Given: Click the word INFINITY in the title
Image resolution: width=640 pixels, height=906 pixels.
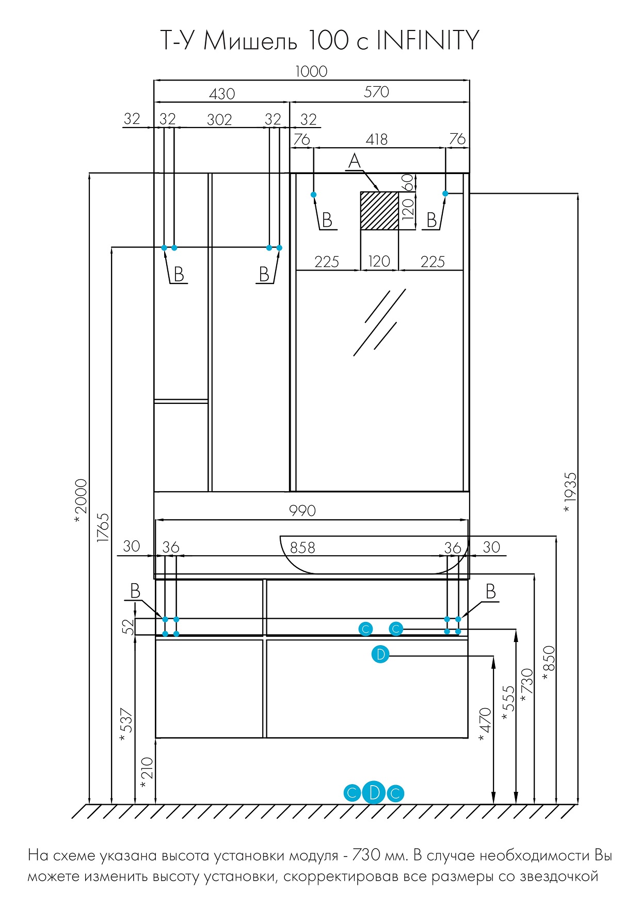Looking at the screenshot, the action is (x=428, y=40).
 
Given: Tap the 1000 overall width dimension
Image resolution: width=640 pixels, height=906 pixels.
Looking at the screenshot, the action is (x=311, y=71).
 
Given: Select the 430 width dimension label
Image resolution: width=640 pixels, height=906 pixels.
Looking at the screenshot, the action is (x=222, y=93).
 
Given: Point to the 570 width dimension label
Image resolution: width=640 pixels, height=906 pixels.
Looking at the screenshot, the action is (x=376, y=92).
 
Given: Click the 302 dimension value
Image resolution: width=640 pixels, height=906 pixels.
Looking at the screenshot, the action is (x=219, y=120).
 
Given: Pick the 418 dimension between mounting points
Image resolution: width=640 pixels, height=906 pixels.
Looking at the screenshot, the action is (x=377, y=139).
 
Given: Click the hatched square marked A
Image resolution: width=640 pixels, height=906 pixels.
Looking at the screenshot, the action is (x=379, y=211).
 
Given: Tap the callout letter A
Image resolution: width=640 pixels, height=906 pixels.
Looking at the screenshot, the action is (x=354, y=161).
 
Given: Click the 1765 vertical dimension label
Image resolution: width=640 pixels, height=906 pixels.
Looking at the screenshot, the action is (x=103, y=527).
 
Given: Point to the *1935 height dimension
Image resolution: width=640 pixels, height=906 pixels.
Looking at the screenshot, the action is (x=569, y=492).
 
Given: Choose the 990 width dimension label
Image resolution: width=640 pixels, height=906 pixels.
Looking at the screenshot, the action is (x=302, y=511).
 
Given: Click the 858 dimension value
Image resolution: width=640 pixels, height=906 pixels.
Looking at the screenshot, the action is (x=302, y=548).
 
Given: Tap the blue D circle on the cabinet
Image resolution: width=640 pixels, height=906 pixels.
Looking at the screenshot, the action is (x=380, y=655).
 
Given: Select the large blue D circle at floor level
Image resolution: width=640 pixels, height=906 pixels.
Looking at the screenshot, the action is (x=374, y=792).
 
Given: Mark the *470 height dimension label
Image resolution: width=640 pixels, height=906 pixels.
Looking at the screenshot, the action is (x=485, y=725).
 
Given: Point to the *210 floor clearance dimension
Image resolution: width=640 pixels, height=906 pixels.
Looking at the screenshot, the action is (x=147, y=773).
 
